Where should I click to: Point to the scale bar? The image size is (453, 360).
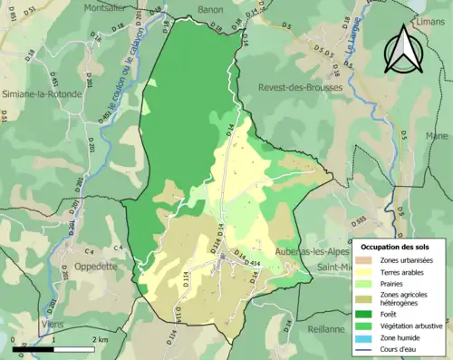54,345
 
